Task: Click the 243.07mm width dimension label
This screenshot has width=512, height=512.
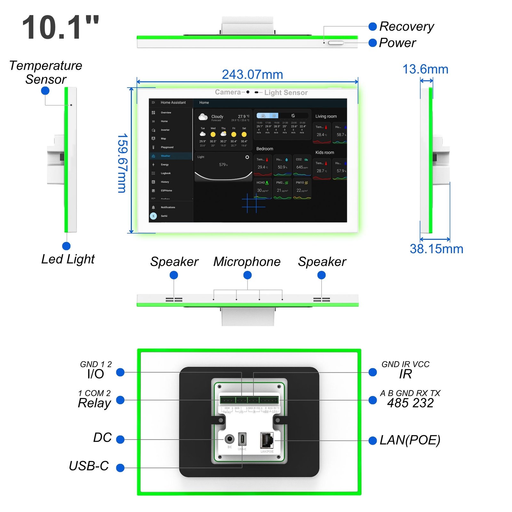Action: (252, 75)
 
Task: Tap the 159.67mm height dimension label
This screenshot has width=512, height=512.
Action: (123, 163)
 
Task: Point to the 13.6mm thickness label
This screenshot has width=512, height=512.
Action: (425, 69)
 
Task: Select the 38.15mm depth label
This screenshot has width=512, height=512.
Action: (436, 249)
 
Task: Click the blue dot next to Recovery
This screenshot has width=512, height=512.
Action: (372, 27)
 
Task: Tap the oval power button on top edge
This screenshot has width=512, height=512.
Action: (336, 43)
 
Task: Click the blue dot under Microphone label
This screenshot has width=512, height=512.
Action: (247, 275)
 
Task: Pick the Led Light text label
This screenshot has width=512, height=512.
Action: (68, 259)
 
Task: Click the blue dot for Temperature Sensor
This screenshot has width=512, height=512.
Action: (45, 91)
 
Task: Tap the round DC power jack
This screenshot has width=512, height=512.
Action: (229, 439)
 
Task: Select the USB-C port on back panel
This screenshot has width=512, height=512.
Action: (242, 439)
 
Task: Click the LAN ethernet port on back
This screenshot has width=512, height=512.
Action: (267, 440)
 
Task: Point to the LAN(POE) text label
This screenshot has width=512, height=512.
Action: (410, 440)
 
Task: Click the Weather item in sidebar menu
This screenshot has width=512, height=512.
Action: (165, 156)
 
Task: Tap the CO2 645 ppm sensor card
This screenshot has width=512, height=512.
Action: (302, 165)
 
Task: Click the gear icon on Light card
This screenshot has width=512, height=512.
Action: (247, 157)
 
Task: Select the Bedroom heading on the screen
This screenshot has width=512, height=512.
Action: (265, 149)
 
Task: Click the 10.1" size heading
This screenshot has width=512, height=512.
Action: (60, 28)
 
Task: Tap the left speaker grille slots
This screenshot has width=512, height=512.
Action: (174, 300)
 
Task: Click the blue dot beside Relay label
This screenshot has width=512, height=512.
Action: (120, 400)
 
